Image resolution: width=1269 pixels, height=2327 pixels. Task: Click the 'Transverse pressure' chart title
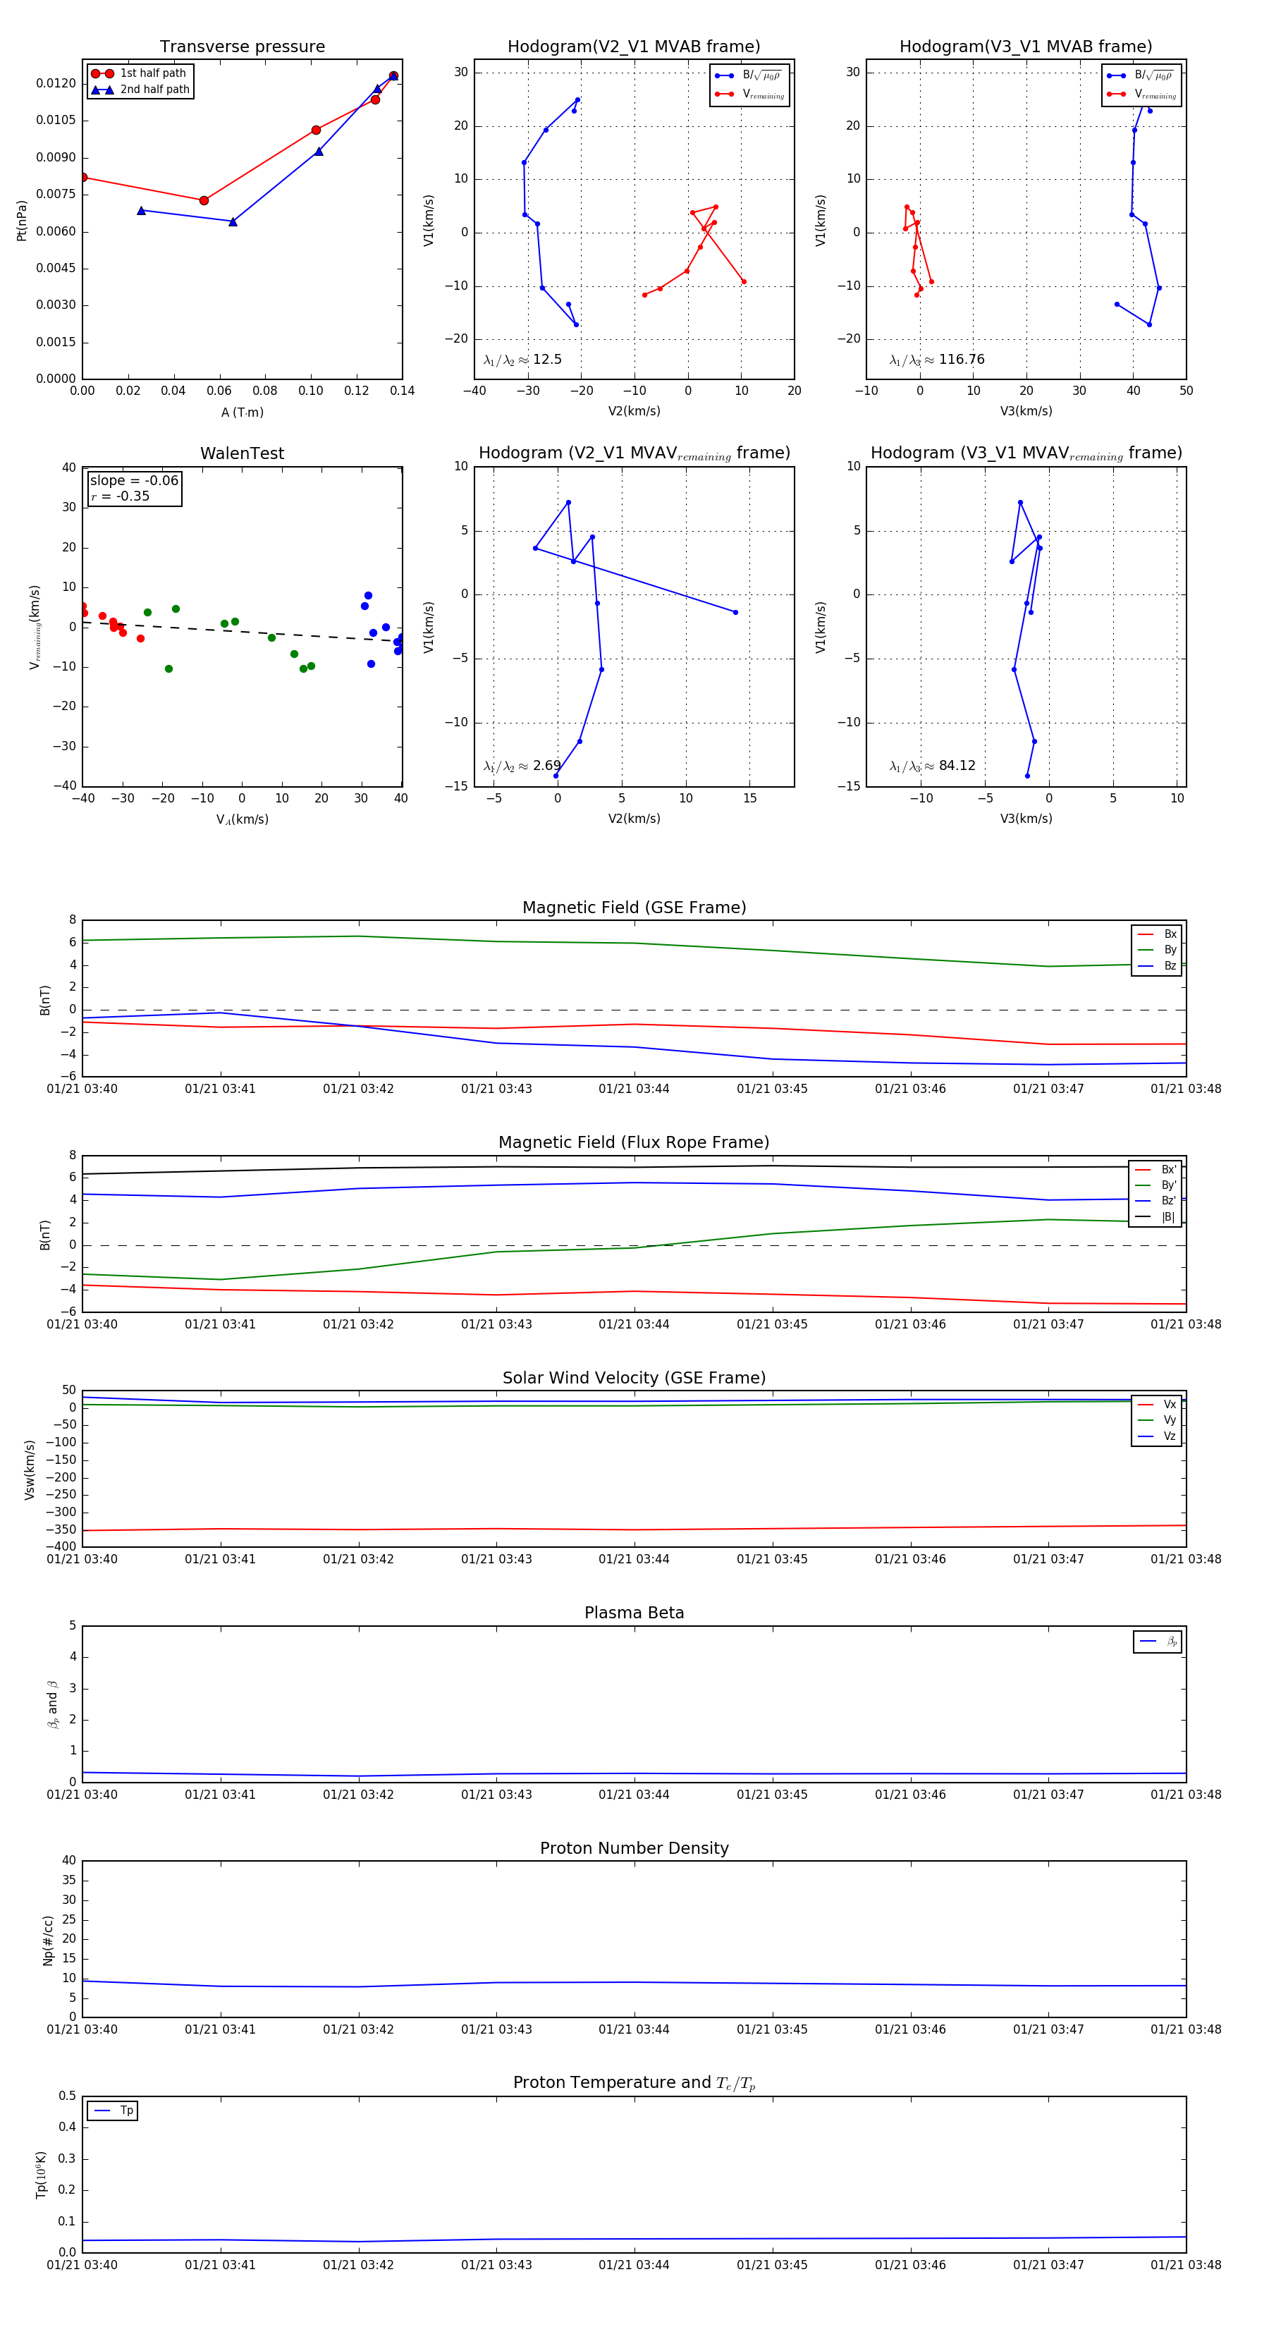tap(242, 47)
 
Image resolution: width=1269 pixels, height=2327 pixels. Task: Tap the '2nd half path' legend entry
tap(154, 90)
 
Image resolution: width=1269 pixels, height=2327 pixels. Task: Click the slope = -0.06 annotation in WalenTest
tap(134, 481)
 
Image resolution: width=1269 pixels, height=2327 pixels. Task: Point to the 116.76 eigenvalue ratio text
tap(961, 360)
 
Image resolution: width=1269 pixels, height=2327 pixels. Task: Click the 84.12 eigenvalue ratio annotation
tap(957, 766)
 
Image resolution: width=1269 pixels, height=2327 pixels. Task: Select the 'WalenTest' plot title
tap(242, 453)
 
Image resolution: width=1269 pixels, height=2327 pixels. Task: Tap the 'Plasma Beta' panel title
tap(634, 1613)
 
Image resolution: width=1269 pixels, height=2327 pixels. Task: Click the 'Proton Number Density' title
tap(634, 1848)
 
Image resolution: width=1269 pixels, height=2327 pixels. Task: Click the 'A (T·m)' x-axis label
tap(242, 412)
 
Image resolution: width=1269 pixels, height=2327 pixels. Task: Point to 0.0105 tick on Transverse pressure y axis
tap(56, 120)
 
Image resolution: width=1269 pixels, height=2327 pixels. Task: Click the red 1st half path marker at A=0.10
tap(316, 130)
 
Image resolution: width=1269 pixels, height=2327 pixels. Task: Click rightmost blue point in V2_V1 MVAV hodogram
tap(735, 613)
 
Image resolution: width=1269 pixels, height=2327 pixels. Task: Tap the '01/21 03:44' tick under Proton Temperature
tap(634, 2265)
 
